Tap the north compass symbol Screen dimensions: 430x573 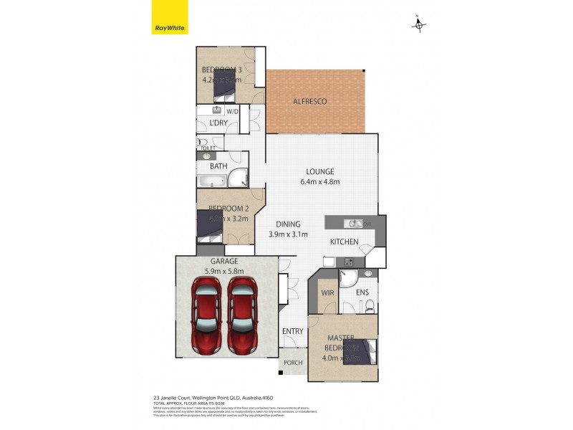coord(419,25)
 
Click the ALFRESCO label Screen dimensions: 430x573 coord(309,102)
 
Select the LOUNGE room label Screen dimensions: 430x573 coord(320,171)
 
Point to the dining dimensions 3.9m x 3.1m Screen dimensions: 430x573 coord(287,234)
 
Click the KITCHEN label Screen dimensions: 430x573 coord(344,242)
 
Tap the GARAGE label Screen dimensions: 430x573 coord(224,262)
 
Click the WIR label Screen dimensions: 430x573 coord(327,293)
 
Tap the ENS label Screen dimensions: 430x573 coord(362,293)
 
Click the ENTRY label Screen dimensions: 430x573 coord(292,331)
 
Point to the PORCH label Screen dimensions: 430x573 coord(293,363)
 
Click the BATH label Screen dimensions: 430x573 coord(218,166)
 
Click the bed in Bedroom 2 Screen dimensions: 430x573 coord(211,224)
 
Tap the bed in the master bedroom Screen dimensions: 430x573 coord(361,353)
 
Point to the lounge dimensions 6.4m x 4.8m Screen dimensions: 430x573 coord(320,181)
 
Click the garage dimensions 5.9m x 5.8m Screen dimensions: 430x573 coord(224,272)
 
